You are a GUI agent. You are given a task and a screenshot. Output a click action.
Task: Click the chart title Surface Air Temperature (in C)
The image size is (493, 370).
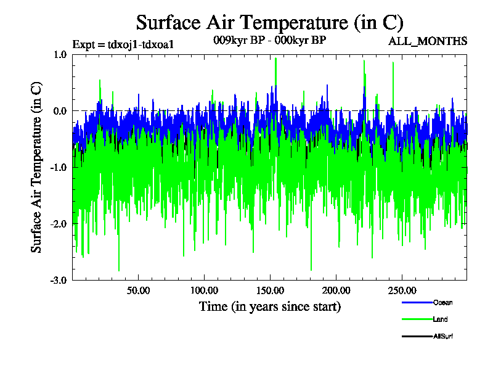pos(269,23)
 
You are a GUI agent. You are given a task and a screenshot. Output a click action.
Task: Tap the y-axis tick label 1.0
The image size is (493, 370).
pos(60,54)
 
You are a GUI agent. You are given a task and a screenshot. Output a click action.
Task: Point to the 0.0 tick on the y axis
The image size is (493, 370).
pos(60,111)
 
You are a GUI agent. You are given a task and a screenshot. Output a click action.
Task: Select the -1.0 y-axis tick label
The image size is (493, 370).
pos(59,167)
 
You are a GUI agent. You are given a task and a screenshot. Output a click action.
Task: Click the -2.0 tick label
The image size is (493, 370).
pos(59,224)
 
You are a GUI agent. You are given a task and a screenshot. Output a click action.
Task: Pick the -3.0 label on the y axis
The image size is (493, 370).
pos(59,280)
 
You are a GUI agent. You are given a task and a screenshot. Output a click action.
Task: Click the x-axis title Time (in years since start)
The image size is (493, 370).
pos(269,306)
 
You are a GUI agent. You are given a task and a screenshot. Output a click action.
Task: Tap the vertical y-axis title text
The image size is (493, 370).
pos(37,167)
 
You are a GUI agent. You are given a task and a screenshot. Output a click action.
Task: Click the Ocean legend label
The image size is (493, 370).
pos(442,303)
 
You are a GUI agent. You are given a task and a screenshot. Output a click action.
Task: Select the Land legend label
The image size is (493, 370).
pos(440,319)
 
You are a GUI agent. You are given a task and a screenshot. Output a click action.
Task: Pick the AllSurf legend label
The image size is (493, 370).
pos(443,336)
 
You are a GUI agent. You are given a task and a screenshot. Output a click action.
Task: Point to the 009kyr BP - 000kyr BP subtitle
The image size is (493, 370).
pos(269,39)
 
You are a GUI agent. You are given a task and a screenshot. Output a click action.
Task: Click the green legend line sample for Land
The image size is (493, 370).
pos(417,319)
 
